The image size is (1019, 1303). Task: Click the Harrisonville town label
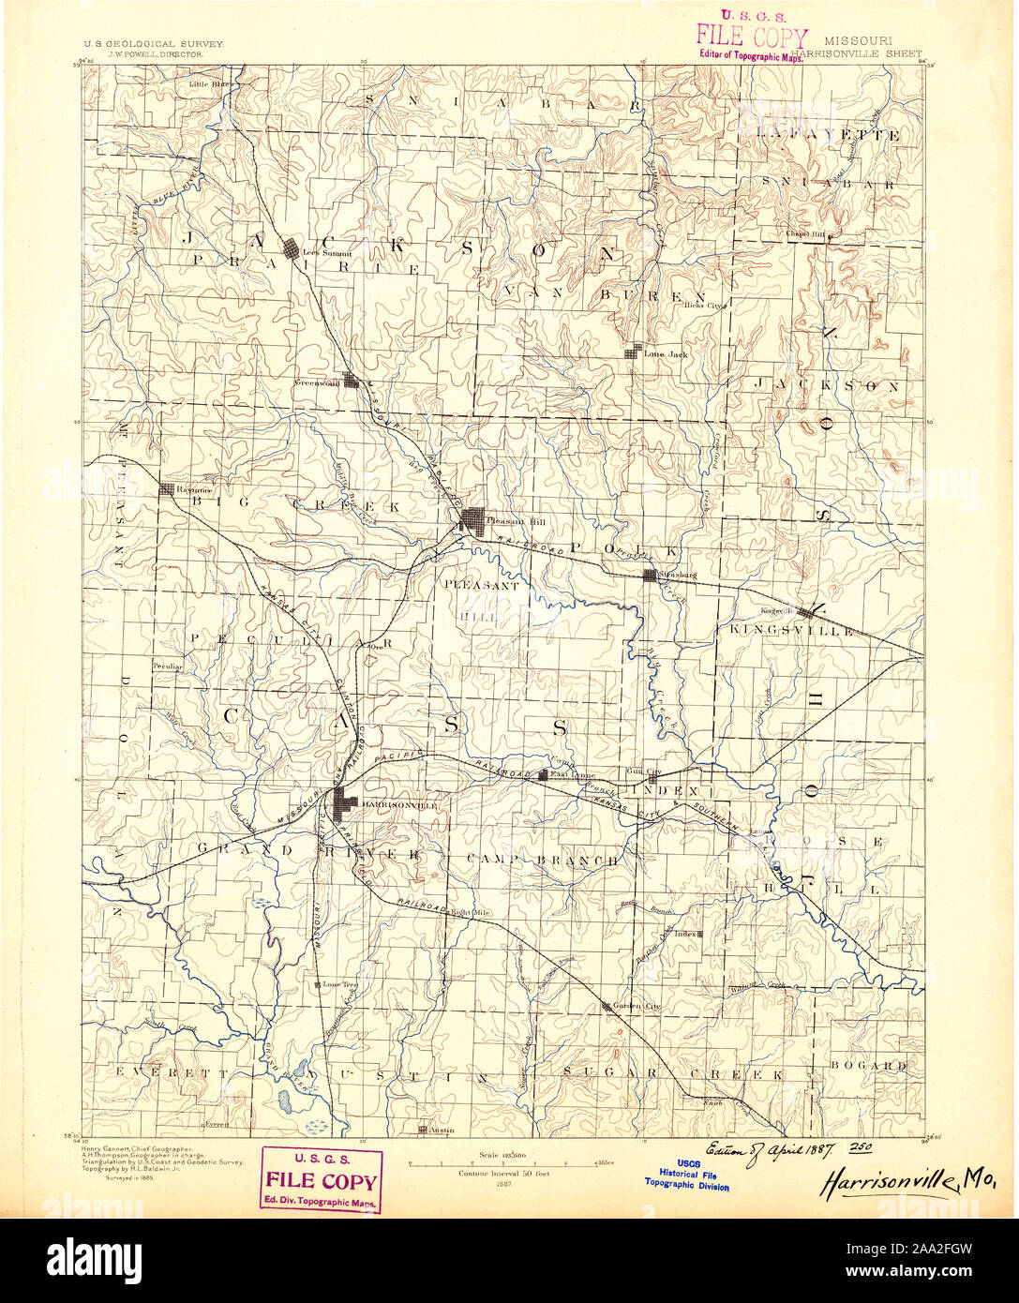(x=394, y=804)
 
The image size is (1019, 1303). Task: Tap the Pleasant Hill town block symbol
(x=472, y=520)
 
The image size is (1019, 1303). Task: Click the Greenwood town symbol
(x=352, y=380)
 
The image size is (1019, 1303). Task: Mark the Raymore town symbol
(x=167, y=488)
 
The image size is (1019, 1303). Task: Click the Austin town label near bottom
(x=442, y=1130)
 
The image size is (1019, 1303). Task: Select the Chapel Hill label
(x=806, y=235)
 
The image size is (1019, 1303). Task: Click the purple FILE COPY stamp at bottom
(x=321, y=1180)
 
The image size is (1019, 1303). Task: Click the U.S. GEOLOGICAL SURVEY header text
(x=154, y=44)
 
